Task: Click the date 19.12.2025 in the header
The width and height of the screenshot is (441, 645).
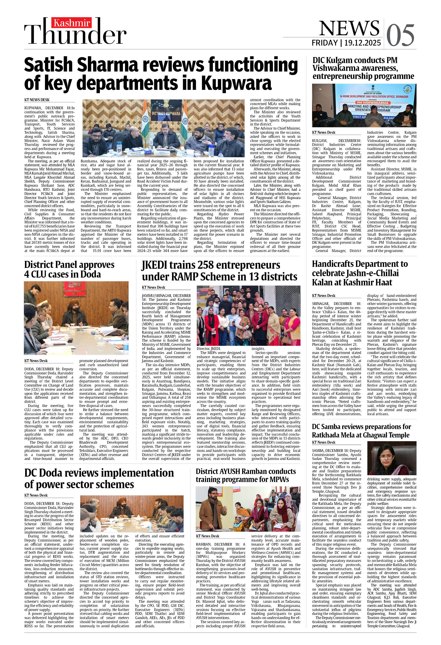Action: pos(362,43)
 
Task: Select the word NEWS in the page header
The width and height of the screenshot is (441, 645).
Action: pos(349,29)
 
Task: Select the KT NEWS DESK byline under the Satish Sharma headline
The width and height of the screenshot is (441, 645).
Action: pos(37,100)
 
